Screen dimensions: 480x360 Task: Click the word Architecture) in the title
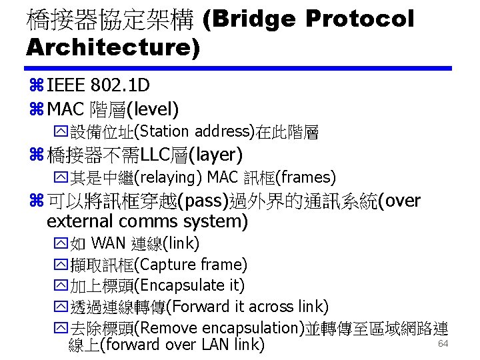tap(113, 47)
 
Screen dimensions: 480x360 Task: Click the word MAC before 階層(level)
tap(65, 107)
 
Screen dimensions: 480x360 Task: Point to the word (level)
tap(153, 107)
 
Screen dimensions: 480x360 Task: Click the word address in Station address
tap(221, 131)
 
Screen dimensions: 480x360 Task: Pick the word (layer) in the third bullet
tap(216, 155)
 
